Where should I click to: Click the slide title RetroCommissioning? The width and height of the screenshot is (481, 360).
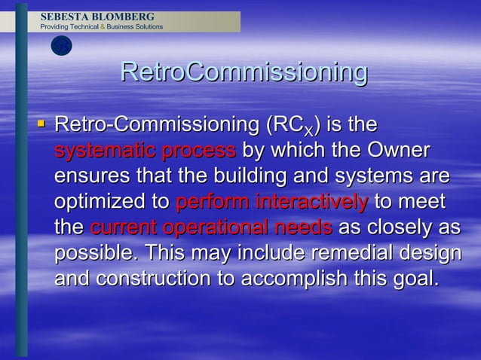tap(244, 73)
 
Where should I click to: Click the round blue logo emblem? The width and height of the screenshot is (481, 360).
tap(61, 46)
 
